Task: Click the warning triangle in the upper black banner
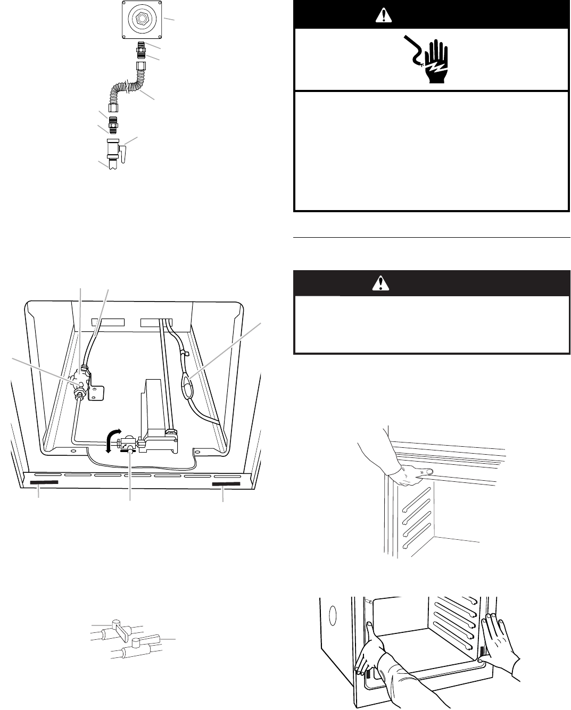(x=382, y=16)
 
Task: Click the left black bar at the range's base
(x=44, y=484)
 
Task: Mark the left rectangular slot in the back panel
(x=107, y=322)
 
